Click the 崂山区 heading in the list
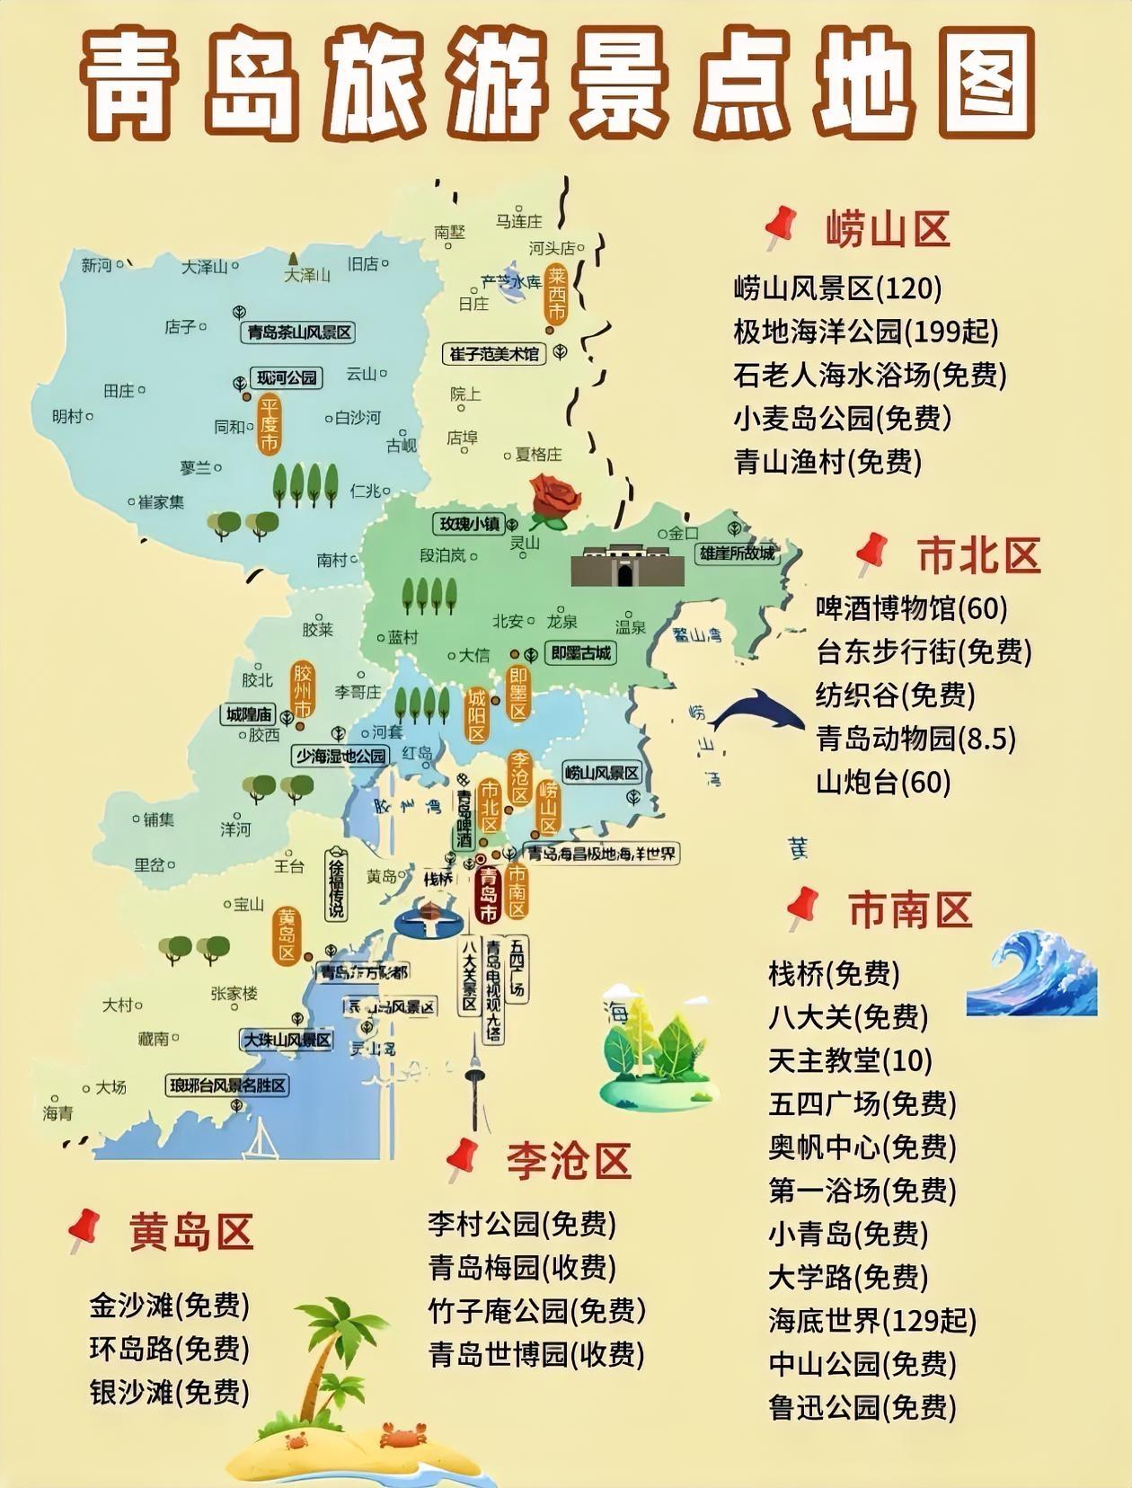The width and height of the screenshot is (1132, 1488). [x=888, y=230]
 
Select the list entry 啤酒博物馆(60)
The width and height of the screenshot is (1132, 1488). [x=911, y=608]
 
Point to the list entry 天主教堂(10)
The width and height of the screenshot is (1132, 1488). [x=850, y=1060]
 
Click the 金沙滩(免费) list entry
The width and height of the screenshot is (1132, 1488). [x=169, y=1306]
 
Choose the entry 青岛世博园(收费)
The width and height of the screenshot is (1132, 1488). [x=536, y=1354]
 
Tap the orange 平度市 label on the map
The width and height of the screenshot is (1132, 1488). [x=269, y=424]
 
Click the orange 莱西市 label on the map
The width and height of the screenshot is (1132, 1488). [x=557, y=295]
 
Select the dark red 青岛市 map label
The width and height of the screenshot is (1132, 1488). [x=488, y=894]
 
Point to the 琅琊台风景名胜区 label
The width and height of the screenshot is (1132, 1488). [x=228, y=1085]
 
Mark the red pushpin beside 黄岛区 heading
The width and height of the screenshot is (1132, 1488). [x=84, y=1229]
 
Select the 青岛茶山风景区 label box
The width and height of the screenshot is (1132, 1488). [x=299, y=332]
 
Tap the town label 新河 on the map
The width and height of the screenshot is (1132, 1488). [x=96, y=265]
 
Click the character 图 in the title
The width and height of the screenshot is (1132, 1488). [x=978, y=83]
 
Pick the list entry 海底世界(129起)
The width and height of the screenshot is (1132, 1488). [x=871, y=1321]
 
